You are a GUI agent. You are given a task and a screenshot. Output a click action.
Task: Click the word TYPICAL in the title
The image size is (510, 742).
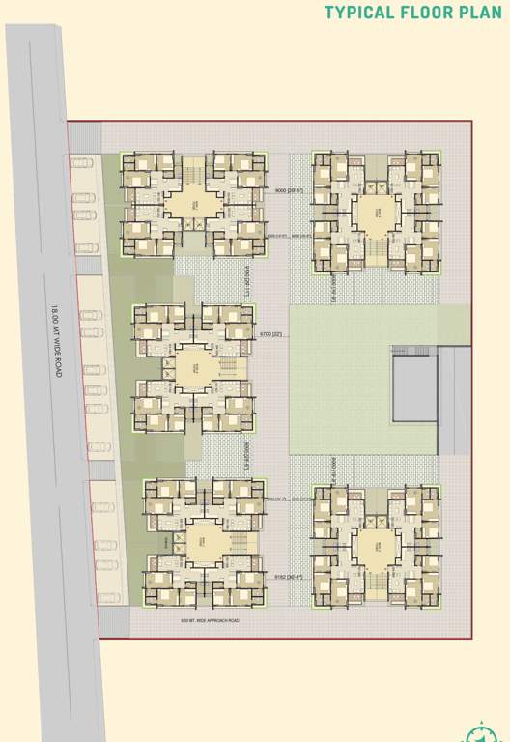pyautogui.click(x=358, y=13)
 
